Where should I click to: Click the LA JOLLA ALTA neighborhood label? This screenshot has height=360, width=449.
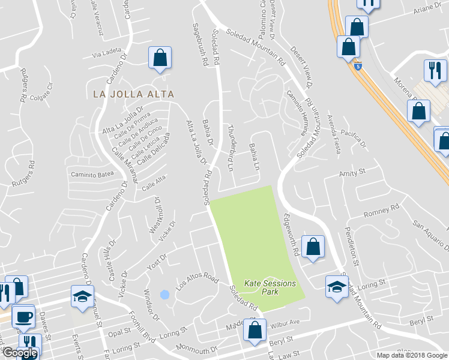tap(134, 94)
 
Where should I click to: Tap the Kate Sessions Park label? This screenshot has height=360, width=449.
tap(270, 287)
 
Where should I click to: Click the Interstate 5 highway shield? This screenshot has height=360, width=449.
tap(358, 67)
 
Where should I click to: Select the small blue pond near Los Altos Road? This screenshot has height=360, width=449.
tap(164, 295)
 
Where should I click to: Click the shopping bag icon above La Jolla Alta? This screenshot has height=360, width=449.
tap(160, 58)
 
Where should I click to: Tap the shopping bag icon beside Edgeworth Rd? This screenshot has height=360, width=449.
tap(313, 246)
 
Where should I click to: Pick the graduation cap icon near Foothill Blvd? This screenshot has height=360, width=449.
tap(82, 296)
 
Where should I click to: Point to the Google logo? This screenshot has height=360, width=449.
tap(20, 353)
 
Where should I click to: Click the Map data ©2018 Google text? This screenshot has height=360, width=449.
tap(412, 355)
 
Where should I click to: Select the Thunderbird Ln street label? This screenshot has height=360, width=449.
tap(231, 147)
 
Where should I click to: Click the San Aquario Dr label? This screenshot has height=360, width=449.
tap(429, 230)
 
